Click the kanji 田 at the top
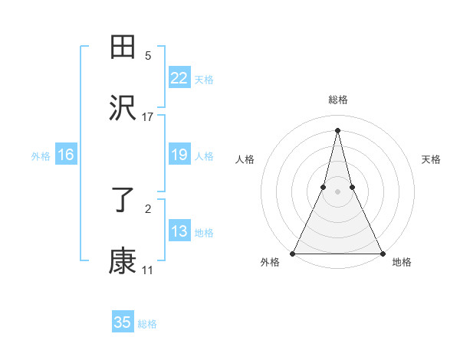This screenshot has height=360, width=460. [x=123, y=48]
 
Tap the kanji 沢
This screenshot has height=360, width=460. [x=123, y=108]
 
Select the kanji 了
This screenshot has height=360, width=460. [x=123, y=201]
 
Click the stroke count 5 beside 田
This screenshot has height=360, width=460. [x=148, y=56]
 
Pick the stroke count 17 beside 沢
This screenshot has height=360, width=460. [x=148, y=116]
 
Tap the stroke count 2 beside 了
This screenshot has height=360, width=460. [x=148, y=208]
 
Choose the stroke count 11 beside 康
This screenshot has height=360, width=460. [x=148, y=270]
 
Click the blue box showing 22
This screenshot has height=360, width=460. [x=179, y=78]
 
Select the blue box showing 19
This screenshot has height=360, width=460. [x=179, y=155]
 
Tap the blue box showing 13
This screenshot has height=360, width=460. [x=179, y=231]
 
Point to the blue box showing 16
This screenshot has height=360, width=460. [x=66, y=155]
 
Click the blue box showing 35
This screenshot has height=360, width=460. [x=123, y=322]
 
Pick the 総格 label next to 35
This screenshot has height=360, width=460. [x=147, y=324]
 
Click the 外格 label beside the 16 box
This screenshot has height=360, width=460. [x=41, y=156]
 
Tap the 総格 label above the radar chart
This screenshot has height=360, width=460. [x=337, y=100]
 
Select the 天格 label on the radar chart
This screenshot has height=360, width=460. [x=432, y=159]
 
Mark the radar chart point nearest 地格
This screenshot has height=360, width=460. [x=382, y=253]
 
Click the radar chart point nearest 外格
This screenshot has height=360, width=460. [x=293, y=253]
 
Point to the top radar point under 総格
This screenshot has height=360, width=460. [x=337, y=130]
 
